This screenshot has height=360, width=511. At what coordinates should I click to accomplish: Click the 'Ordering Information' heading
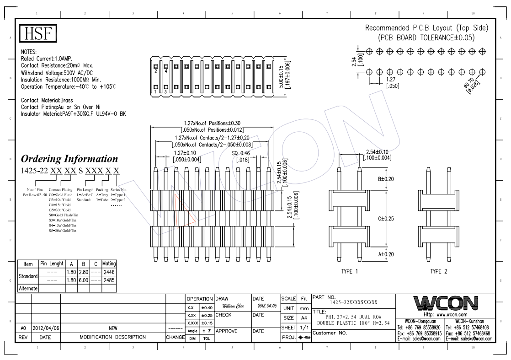[x=69, y=159]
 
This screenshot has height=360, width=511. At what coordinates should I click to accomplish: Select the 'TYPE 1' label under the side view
[x=350, y=271]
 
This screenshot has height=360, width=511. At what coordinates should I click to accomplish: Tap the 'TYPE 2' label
[x=438, y=271]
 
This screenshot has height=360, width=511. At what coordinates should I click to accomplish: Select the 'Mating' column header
[x=110, y=263]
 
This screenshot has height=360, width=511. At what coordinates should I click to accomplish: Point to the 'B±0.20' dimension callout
[x=387, y=179]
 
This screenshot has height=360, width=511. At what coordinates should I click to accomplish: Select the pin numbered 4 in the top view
[x=165, y=71]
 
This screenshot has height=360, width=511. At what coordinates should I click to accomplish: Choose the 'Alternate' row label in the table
[x=29, y=288]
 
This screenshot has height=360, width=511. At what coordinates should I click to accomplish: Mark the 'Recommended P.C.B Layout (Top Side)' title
[x=426, y=28]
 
